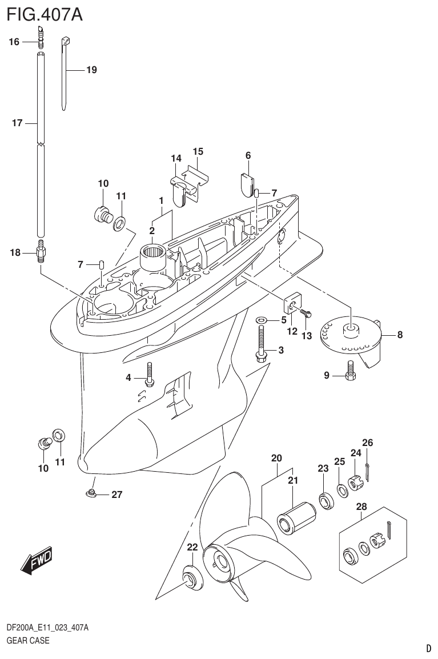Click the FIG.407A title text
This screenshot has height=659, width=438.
point(44,14)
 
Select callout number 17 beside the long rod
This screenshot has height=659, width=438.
point(17,123)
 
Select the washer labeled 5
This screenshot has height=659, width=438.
point(261,320)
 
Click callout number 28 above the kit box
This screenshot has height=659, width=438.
point(361,507)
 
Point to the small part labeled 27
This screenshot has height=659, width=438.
point(91,493)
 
